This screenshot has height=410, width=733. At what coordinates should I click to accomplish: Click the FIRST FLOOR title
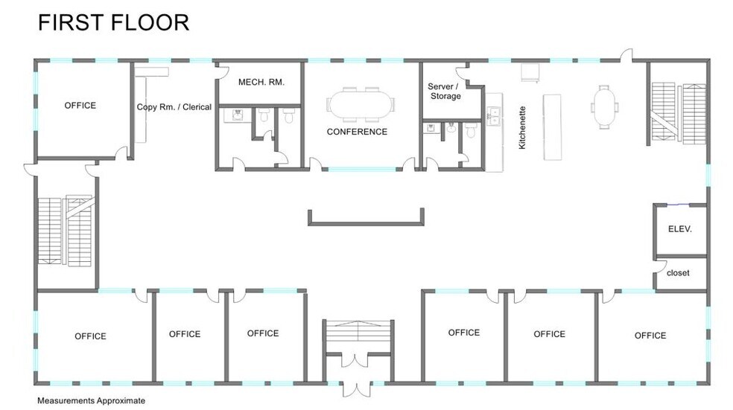(x=113, y=22)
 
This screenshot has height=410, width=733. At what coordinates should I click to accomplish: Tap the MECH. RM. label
(x=261, y=82)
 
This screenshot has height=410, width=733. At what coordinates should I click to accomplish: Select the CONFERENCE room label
(x=357, y=132)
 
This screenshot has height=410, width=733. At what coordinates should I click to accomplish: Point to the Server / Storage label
(x=444, y=91)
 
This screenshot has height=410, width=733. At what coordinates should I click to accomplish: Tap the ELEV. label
(x=680, y=230)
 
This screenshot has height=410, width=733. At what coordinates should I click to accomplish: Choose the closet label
(x=678, y=273)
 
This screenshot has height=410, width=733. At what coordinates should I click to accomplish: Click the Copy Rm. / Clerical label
(x=174, y=107)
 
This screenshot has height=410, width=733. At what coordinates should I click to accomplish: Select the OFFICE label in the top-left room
(x=80, y=106)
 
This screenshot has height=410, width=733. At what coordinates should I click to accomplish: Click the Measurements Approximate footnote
(x=91, y=400)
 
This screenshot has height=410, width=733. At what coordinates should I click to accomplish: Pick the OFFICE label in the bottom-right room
(x=650, y=336)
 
